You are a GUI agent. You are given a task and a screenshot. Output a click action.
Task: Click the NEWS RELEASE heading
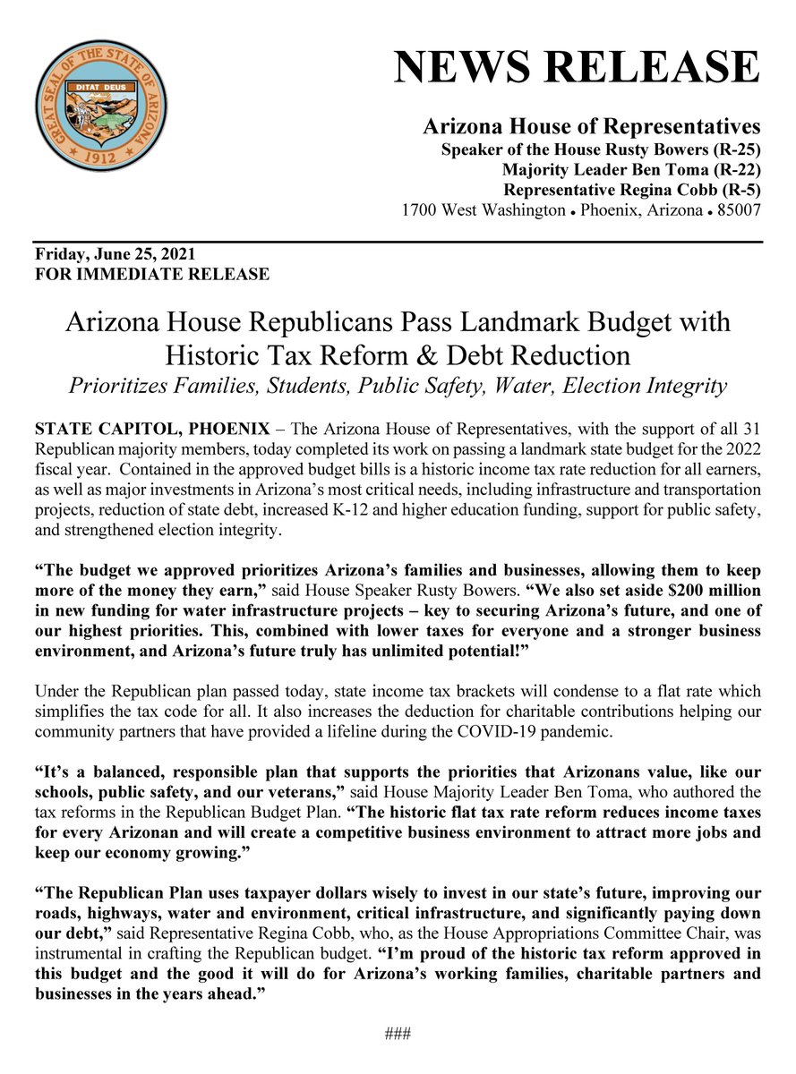[x=578, y=68]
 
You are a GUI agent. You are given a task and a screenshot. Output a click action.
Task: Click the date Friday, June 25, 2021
[x=115, y=255]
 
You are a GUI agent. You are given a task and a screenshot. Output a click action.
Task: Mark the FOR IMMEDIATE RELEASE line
[x=151, y=275]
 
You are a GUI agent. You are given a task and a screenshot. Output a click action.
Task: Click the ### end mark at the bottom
[x=398, y=1035]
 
